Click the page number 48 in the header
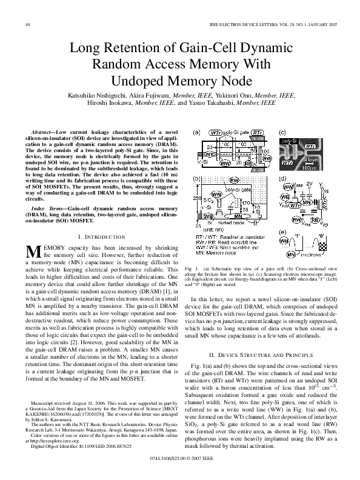coord(27,24)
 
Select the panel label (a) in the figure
coord(196,132)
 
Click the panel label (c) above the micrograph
coord(282,132)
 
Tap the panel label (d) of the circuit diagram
coord(282,179)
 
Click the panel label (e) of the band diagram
coord(282,232)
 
